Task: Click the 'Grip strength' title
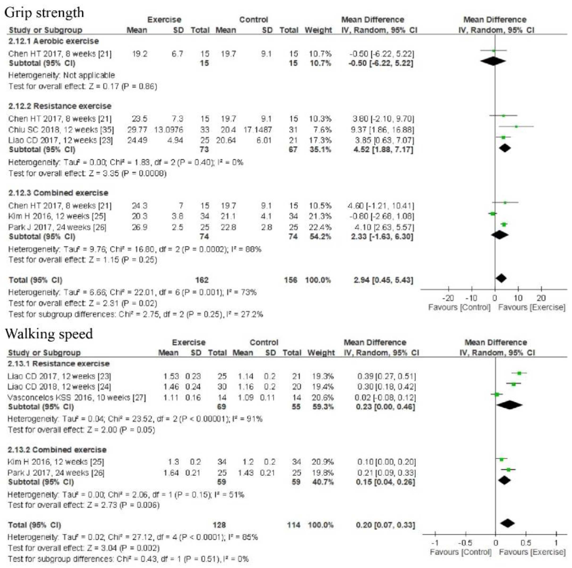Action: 44,13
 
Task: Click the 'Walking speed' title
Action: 49,334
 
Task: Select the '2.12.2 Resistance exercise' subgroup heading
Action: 60,106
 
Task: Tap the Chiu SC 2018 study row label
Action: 61,130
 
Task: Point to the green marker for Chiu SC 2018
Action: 516,126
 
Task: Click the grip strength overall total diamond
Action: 501,278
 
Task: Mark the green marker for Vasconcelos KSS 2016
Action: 497,395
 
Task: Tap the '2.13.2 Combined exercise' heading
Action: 57,450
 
